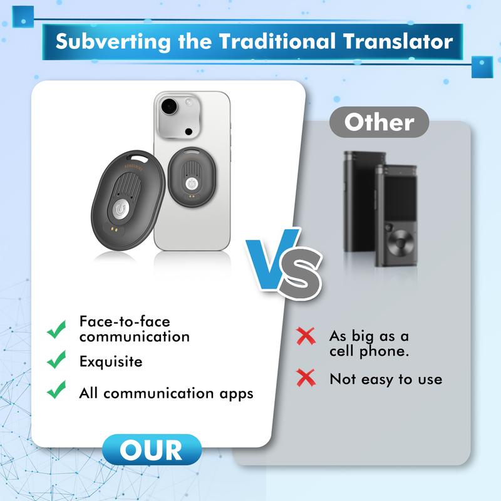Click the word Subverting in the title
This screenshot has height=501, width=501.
(113, 41)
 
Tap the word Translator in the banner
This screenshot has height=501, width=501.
(398, 41)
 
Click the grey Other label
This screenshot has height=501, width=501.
(379, 122)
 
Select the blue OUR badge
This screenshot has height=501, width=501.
(152, 450)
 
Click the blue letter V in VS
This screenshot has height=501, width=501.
(272, 259)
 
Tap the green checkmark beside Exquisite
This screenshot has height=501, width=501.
(56, 359)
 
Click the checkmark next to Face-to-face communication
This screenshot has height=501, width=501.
(56, 329)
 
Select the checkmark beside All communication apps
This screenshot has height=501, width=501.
(56, 390)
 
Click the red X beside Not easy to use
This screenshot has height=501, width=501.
(306, 378)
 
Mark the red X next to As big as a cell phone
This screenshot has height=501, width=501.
(306, 336)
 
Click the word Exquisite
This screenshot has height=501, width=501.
(111, 362)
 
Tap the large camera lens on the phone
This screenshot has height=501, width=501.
(169, 106)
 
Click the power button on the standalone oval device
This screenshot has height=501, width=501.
(120, 209)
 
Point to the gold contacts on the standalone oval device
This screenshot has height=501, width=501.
(113, 229)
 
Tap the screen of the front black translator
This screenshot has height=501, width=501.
(400, 198)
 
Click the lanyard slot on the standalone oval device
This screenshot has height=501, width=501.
(137, 157)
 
